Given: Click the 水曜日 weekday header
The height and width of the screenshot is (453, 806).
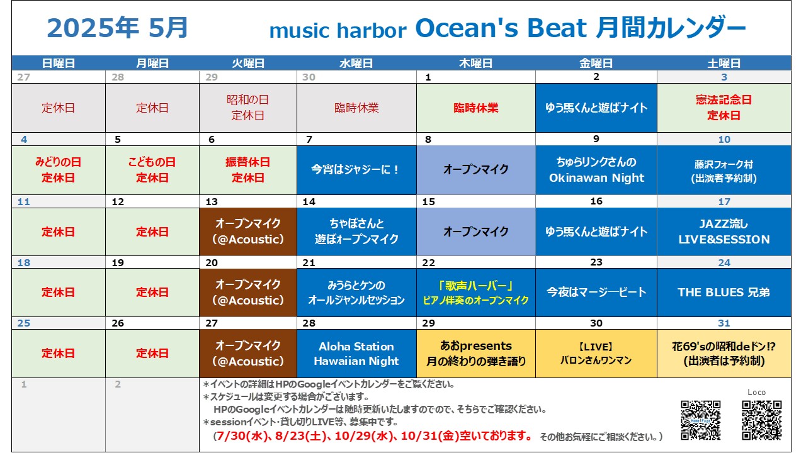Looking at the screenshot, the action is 356,64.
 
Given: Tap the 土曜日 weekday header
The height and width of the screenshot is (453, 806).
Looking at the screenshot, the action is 724,64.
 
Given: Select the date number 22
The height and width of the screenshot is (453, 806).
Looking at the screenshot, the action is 429,263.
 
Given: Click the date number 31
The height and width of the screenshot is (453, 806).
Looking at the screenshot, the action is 724,323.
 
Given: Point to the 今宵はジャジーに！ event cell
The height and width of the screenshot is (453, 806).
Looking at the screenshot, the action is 356,170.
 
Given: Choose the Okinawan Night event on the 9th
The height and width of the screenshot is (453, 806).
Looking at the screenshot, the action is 596,170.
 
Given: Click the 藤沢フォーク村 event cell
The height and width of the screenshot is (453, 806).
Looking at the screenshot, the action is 724,170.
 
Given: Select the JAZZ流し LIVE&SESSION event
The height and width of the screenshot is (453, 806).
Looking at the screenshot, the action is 724,232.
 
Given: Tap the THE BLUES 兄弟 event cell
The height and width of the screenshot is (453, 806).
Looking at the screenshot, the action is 724,293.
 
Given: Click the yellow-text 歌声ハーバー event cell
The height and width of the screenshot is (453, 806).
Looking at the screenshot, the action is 476,293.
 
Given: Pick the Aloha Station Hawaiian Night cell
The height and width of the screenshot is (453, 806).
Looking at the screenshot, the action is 356,354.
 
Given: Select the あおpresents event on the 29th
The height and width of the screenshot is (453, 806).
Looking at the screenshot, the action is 476,354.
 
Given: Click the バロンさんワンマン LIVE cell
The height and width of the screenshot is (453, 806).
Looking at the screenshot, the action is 596,354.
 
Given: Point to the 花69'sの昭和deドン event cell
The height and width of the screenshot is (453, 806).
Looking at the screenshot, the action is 724,354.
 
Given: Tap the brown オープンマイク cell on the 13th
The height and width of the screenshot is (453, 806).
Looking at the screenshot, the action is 248,232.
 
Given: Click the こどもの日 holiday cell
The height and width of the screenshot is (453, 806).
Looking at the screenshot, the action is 152,170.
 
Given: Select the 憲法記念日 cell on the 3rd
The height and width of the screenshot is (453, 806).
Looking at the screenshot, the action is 724,108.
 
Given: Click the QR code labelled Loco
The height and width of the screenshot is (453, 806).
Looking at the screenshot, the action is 762,420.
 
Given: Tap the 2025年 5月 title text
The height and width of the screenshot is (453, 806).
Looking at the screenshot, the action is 117,28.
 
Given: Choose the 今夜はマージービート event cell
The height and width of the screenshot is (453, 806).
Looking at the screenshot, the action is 596,293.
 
